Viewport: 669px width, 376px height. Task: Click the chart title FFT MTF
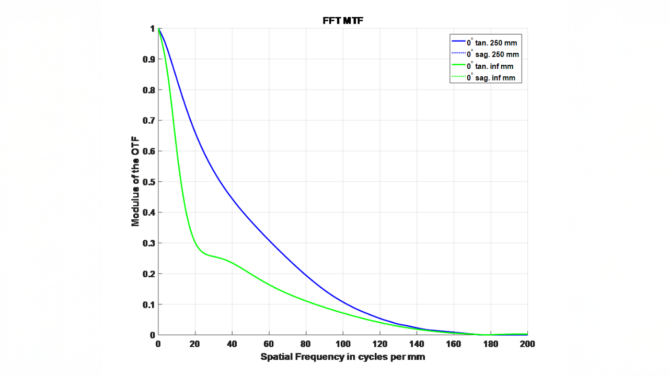(343, 20)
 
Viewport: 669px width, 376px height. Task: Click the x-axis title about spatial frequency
(342, 357)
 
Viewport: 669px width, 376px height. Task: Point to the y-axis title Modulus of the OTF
(135, 181)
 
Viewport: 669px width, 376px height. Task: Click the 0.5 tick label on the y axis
(149, 182)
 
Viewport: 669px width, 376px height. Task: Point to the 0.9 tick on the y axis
(149, 59)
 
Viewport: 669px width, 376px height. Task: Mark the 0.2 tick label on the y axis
(149, 274)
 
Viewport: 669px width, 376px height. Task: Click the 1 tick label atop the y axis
(152, 29)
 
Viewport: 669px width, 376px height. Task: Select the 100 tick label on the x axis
(343, 344)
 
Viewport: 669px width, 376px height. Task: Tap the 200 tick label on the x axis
(527, 344)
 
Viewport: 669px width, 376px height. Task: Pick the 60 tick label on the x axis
(269, 344)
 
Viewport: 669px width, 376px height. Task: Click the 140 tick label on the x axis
(417, 344)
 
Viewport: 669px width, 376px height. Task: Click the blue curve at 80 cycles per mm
(306, 275)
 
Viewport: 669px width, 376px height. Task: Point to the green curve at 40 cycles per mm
(232, 263)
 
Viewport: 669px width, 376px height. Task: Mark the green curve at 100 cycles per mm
(343, 313)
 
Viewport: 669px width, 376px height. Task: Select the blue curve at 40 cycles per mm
(232, 197)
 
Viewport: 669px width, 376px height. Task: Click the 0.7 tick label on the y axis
(149, 121)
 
